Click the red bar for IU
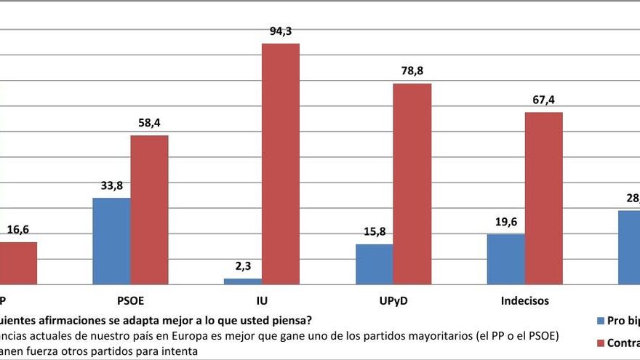pos(280,164)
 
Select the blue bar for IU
pos(242,281)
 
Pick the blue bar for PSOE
pos(111,241)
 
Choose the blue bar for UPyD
pos(374,264)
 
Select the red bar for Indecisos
pos(543,198)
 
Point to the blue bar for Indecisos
pos(505,259)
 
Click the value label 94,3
pos(280,31)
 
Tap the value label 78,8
pos(412,71)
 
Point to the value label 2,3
pos(242,266)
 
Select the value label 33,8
pos(111,185)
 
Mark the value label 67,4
pos(543,100)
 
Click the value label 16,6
pos(17,230)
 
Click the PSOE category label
pos(130,300)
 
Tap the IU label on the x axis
pos(261,300)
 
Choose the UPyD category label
pos(393,300)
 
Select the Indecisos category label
pos(524,300)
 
